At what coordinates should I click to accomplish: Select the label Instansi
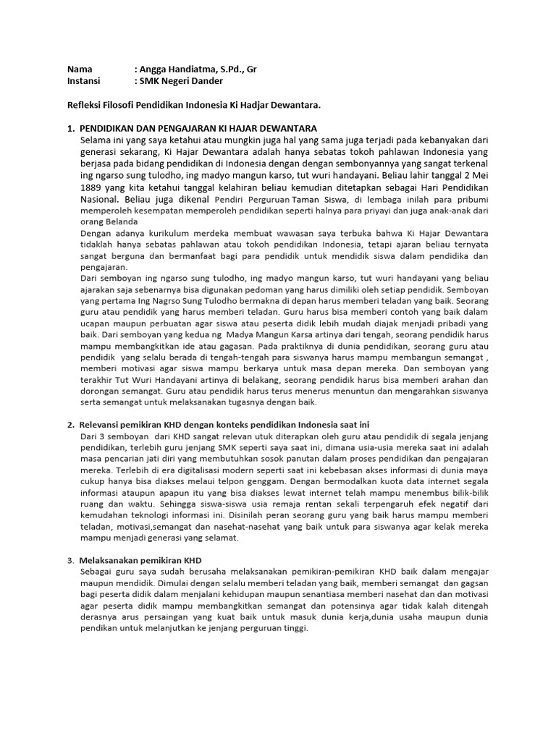tap(84, 81)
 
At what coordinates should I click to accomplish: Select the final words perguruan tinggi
tap(272, 628)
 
